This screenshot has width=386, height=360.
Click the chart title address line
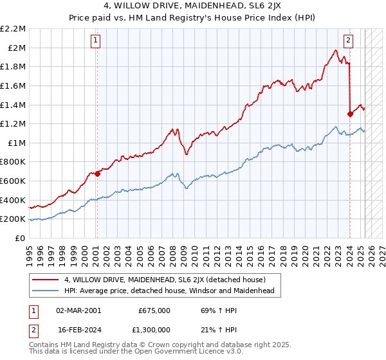point(193,8)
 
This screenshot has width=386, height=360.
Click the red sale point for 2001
point(97,174)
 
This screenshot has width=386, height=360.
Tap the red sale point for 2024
point(350,114)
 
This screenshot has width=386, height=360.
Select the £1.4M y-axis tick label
point(14,105)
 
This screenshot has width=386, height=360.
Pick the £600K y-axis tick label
point(14,181)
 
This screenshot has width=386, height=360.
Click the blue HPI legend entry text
point(169,291)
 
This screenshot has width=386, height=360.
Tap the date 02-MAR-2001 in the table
point(79,310)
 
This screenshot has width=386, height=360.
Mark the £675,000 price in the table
point(154,310)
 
